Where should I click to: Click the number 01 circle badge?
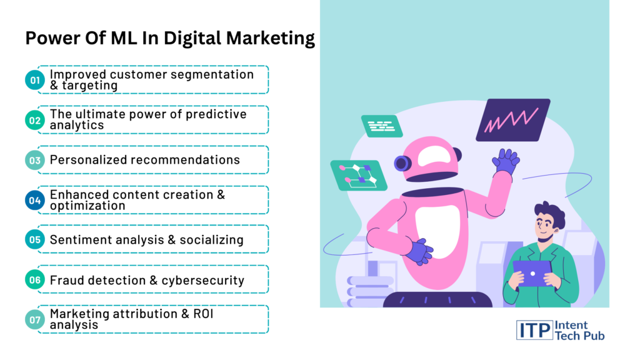[x=35, y=80]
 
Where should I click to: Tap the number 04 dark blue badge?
[x=35, y=200]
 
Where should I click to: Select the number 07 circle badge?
[x=35, y=319]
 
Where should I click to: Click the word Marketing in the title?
[x=270, y=38]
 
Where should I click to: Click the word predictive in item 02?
[x=216, y=114]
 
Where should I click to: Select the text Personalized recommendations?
[x=145, y=159]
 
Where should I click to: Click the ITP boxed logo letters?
[x=534, y=330]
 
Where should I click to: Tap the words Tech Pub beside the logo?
[x=579, y=336]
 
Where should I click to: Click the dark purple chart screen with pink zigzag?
[x=513, y=120]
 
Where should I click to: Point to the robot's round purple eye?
[x=402, y=163]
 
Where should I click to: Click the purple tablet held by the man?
[x=532, y=273]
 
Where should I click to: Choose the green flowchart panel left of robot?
[x=359, y=176]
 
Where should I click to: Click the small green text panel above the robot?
[x=382, y=126]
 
